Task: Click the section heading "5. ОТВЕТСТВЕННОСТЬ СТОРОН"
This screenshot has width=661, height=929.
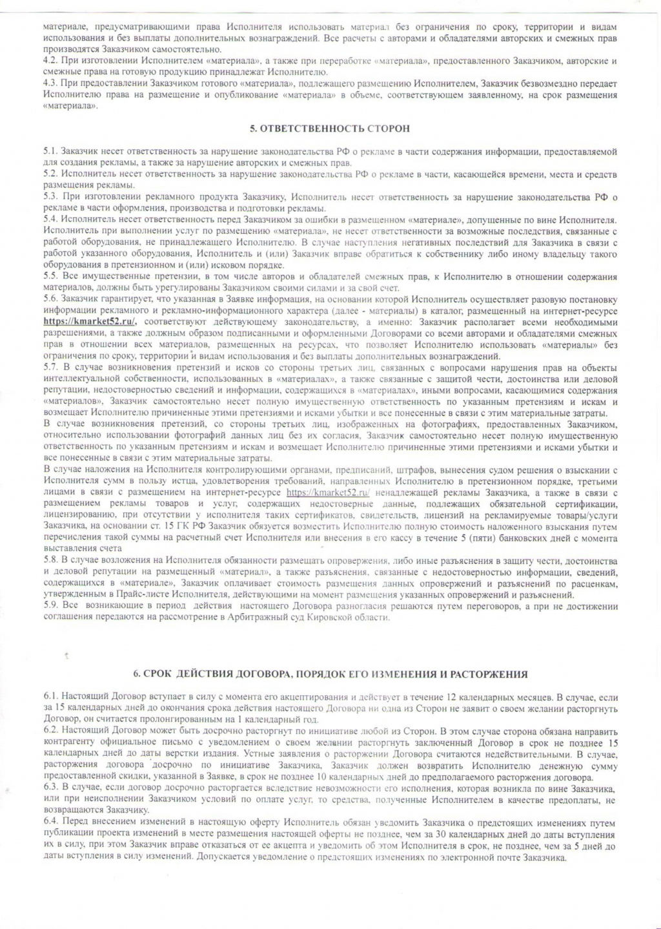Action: [x=330, y=129]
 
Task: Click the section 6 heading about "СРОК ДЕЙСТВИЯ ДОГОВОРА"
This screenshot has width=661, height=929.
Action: [x=330, y=674]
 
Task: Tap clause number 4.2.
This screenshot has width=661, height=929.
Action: [x=49, y=61]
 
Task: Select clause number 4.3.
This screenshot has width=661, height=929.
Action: [x=49, y=84]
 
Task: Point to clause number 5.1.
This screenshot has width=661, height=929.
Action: [x=50, y=152]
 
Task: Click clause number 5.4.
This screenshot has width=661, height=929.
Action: [x=50, y=220]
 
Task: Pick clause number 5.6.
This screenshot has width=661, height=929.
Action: [x=50, y=300]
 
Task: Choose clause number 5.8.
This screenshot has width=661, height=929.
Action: [x=50, y=561]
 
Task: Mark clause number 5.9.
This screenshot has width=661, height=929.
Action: [x=50, y=607]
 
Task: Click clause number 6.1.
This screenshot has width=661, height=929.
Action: [x=50, y=698]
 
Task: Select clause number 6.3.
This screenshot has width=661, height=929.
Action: [x=50, y=789]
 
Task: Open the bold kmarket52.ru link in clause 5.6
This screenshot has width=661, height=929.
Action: [x=94, y=322]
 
